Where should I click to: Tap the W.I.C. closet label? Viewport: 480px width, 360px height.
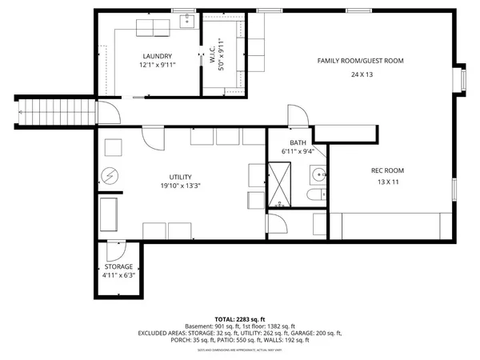point(213,54)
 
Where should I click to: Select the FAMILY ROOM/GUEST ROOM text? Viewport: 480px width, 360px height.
point(360,61)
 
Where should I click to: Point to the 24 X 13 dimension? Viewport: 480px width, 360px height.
point(361,74)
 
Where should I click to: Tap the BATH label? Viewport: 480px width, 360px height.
point(298,142)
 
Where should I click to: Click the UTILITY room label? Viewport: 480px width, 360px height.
point(180,177)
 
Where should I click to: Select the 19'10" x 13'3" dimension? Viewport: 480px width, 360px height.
point(180,189)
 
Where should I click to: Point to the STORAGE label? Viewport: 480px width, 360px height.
point(118,266)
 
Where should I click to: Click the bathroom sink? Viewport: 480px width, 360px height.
point(319,174)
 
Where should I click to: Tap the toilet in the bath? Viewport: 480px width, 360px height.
point(314,196)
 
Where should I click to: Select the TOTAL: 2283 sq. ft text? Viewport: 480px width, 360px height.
point(240,318)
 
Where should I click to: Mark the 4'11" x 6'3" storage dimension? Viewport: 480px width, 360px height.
point(118,275)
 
